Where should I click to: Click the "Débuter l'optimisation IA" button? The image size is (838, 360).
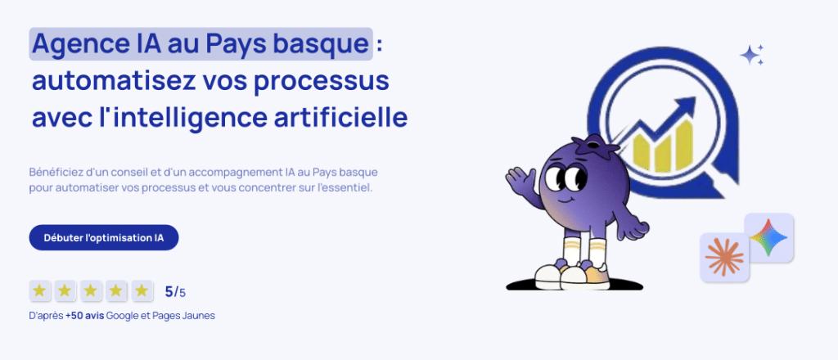pos(104,238)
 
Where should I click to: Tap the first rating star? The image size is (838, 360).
pos(39,290)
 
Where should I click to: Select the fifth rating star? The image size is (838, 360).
pos(142,290)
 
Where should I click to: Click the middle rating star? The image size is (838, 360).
pos(90,290)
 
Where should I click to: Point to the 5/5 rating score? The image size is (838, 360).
pos(175,292)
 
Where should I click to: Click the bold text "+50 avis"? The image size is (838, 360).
pos(85,316)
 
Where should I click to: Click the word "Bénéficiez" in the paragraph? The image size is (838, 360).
pos(53,173)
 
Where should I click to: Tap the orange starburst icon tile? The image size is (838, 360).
pos(725,257)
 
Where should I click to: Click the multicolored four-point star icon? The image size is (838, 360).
pos(768,237)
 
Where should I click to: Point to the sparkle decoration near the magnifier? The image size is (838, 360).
pos(752,55)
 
